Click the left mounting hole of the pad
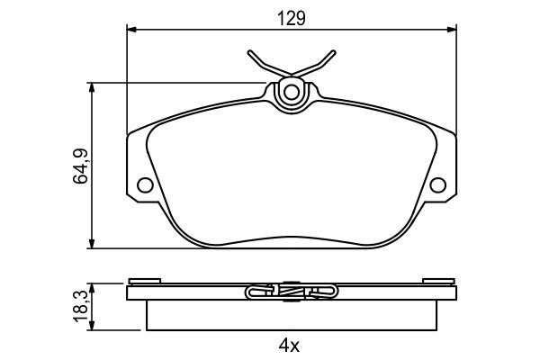[x=144, y=186]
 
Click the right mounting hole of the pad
[x=437, y=186]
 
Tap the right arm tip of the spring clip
[x=333, y=52]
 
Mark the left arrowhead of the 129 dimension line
[x=130, y=31]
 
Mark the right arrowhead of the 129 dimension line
[x=452, y=31]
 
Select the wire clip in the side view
[x=291, y=291]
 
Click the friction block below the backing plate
[x=291, y=315]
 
